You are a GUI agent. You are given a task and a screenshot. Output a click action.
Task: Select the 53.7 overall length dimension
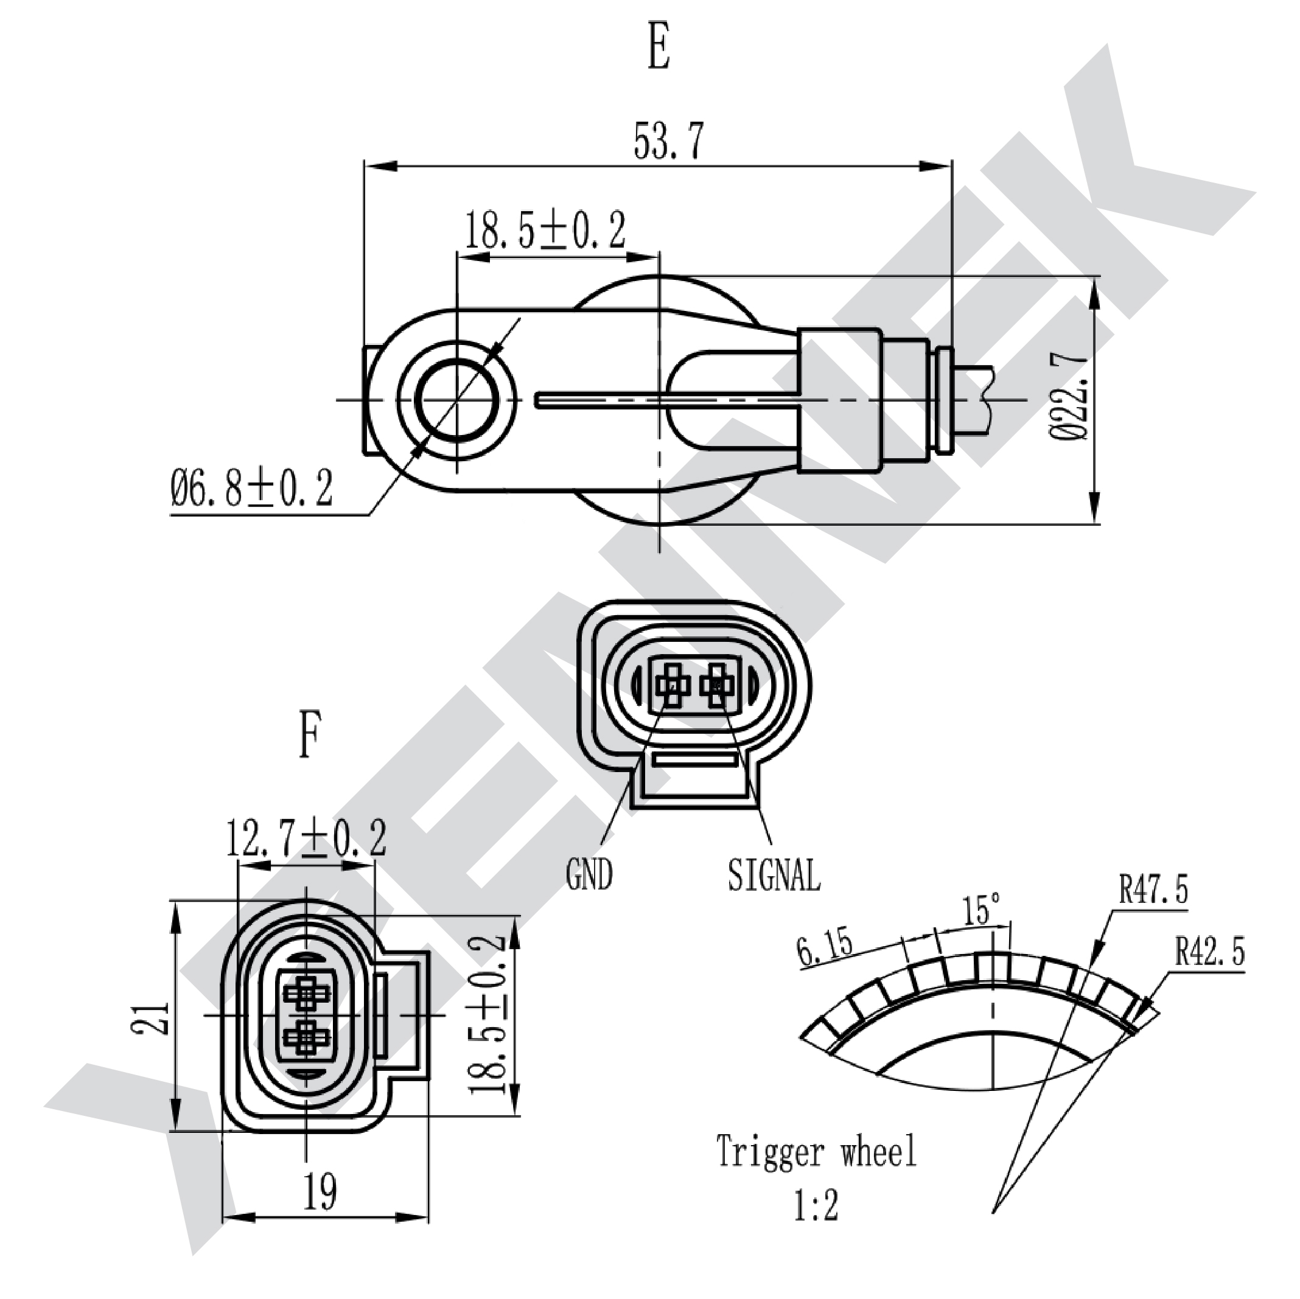[668, 141]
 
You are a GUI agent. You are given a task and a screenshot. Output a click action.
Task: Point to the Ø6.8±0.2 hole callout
[251, 489]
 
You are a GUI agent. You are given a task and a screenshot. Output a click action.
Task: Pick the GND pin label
[589, 875]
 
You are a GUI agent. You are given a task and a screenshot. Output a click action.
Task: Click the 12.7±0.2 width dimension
[306, 838]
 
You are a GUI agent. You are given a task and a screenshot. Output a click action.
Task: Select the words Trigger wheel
[816, 1152]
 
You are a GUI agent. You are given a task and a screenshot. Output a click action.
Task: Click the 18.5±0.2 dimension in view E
[545, 229]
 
